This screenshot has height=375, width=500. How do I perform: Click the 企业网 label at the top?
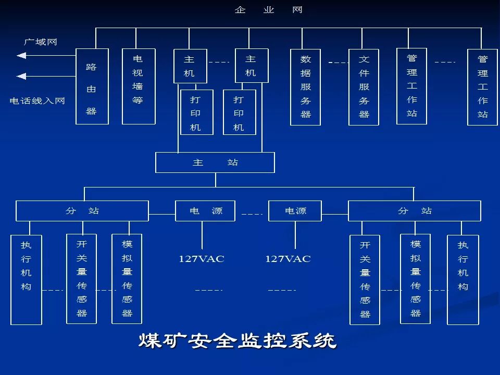(x=268, y=10)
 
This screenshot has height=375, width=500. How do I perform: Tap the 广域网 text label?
(x=40, y=42)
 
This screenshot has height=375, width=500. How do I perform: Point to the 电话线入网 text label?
(x=37, y=101)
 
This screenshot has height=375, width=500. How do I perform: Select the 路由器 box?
(x=92, y=86)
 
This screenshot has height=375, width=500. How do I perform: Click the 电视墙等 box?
(x=139, y=86)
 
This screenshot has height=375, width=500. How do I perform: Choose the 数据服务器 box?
(x=306, y=87)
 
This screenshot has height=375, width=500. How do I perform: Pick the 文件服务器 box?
(x=364, y=87)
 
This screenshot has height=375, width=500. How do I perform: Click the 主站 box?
(x=215, y=162)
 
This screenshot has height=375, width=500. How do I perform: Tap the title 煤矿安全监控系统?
(x=238, y=341)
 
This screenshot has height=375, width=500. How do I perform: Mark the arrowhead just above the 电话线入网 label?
(x=21, y=77)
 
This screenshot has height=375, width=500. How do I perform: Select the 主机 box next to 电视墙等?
(x=190, y=66)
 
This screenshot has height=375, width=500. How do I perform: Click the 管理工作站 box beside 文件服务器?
(x=411, y=86)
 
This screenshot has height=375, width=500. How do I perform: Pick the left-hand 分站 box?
(x=82, y=211)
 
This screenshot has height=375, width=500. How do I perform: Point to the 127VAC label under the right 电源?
(x=287, y=259)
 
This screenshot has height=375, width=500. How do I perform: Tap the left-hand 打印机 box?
(x=196, y=113)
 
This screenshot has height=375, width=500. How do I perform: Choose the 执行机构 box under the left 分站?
(x=26, y=280)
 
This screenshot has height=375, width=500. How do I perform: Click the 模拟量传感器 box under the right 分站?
(x=415, y=279)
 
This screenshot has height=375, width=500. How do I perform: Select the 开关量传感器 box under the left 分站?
(x=82, y=279)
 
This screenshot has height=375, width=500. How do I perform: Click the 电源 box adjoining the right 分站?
(x=295, y=211)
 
